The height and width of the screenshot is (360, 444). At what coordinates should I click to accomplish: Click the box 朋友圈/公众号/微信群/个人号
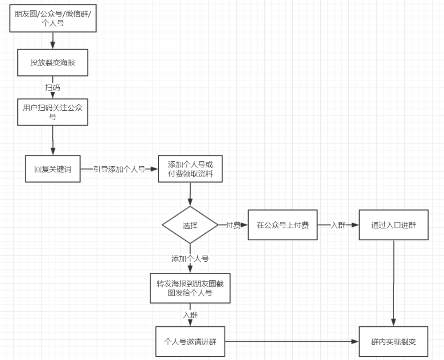53,20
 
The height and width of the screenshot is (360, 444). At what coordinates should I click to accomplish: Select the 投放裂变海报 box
53,63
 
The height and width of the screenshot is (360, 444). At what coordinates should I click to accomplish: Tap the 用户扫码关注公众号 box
53,112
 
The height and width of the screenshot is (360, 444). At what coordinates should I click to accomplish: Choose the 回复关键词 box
53,169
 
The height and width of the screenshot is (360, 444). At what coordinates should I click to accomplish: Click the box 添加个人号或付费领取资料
190,169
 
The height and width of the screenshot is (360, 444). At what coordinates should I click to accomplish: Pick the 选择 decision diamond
190,225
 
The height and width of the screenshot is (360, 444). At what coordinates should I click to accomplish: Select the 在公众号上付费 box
282,225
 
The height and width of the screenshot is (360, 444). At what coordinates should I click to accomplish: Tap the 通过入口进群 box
393,225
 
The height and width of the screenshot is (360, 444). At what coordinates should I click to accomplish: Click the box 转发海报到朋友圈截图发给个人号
190,288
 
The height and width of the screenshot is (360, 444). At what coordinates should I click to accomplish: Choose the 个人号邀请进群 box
191,341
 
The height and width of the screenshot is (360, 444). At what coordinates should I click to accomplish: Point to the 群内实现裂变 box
393,341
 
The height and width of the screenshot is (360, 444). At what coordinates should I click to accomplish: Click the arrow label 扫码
53,88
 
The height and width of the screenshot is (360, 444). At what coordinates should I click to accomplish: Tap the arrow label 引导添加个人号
119,169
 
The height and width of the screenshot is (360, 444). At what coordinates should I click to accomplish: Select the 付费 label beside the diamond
233,225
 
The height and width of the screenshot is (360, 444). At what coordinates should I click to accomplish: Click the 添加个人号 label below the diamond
190,259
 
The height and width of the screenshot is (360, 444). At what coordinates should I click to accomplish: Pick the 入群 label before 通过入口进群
338,225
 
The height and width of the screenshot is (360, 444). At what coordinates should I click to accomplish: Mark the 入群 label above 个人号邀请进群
190,315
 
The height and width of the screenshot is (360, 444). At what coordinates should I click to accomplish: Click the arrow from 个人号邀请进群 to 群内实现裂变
292,341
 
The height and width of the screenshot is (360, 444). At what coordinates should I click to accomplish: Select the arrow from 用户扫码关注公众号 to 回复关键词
53,140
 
